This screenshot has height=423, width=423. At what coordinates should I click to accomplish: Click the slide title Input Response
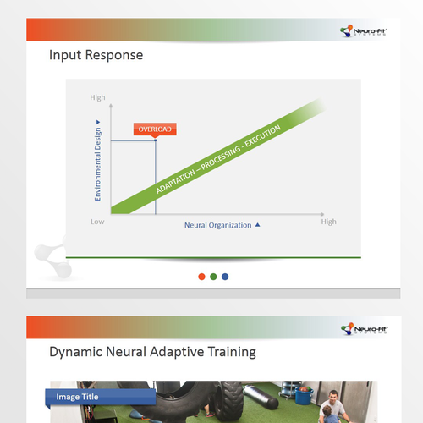click(x=96, y=56)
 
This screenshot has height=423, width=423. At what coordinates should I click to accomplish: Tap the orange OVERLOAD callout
click(x=154, y=129)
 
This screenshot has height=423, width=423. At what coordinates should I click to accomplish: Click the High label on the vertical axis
click(x=98, y=98)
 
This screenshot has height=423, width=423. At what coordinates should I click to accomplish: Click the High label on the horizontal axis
click(x=328, y=222)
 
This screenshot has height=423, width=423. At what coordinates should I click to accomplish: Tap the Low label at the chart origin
click(x=98, y=222)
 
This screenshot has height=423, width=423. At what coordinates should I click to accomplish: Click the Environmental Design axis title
click(x=98, y=160)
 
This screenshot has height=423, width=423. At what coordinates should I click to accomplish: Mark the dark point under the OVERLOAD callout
click(x=155, y=140)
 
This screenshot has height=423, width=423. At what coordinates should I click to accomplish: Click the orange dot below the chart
click(x=201, y=276)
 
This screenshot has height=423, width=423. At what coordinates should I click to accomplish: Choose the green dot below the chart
click(x=213, y=276)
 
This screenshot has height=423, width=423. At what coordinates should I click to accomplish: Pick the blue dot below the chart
click(x=225, y=276)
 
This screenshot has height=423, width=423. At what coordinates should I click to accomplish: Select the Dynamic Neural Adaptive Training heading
click(x=152, y=351)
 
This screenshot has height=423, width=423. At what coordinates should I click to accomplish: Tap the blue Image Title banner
click(x=99, y=396)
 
